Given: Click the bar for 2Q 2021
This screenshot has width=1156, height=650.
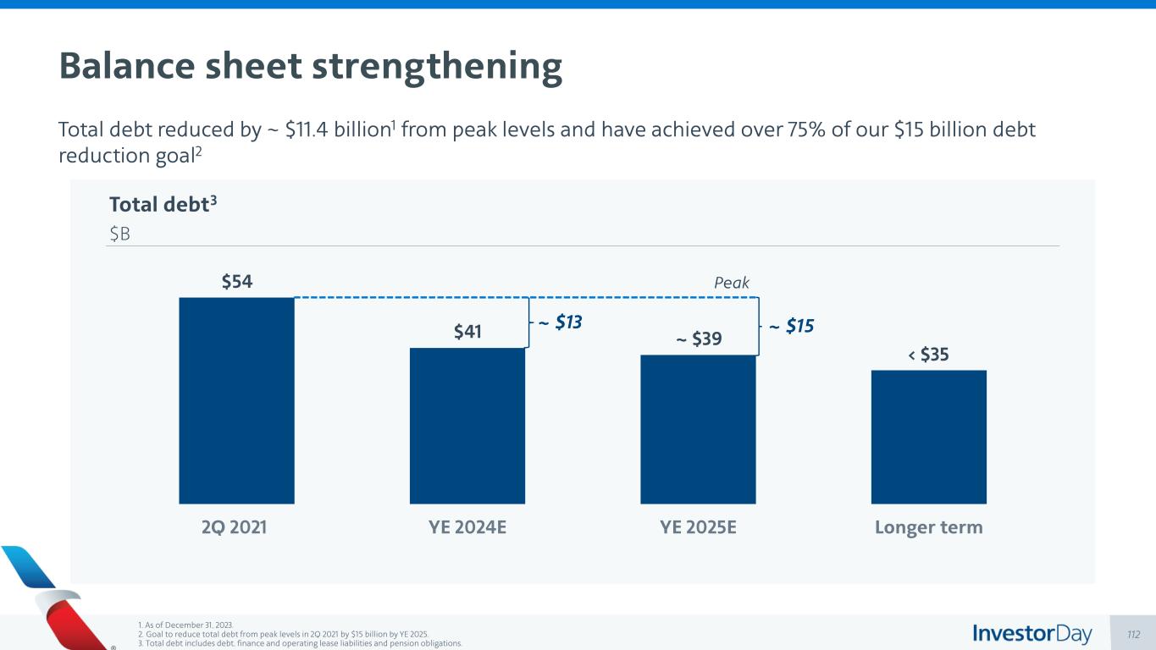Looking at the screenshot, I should (236, 400).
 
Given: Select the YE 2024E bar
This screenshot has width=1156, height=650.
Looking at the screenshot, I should (467, 426).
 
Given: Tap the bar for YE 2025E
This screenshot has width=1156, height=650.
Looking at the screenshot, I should (698, 429).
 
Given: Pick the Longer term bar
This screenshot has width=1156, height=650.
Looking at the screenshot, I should (928, 437).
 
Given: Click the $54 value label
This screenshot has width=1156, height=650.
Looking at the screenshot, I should (237, 282).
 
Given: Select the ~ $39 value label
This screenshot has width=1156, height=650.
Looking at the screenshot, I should (699, 339).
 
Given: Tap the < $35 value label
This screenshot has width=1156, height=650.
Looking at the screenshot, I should (928, 355).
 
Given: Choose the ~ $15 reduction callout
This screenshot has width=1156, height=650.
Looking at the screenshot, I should (791, 326).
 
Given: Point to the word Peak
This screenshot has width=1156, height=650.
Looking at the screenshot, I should (732, 283).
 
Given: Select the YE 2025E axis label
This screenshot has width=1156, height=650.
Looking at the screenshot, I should (698, 527).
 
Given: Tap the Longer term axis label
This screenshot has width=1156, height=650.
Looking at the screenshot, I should (928, 527).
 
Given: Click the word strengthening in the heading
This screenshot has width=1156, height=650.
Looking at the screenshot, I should (437, 66).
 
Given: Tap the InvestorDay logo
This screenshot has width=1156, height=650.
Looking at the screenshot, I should (1032, 633).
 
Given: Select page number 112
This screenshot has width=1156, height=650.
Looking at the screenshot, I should (1135, 634).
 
